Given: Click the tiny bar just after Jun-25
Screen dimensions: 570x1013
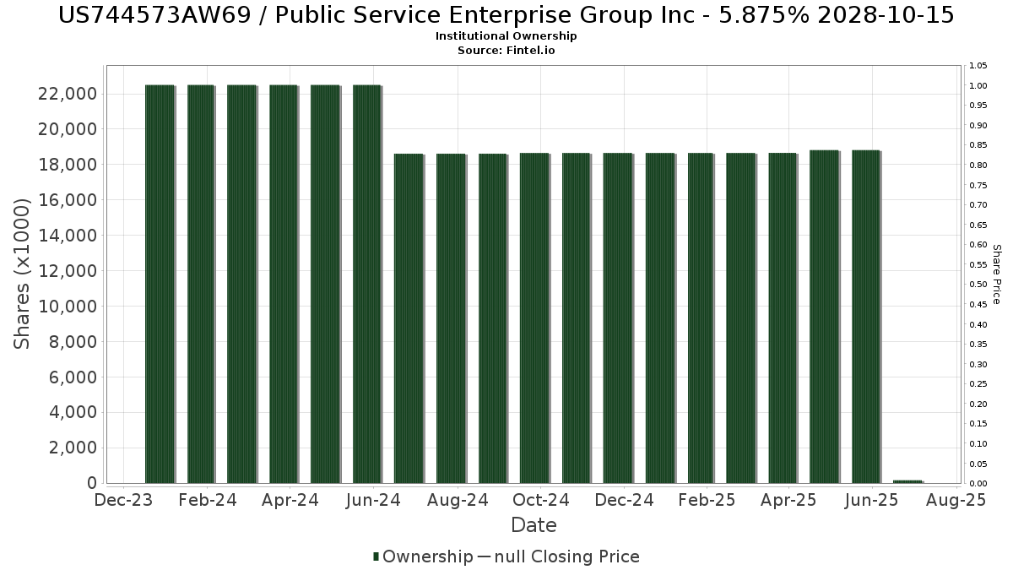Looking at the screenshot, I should click(908, 481).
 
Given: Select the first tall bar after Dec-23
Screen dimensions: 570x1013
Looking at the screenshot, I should click(160, 284).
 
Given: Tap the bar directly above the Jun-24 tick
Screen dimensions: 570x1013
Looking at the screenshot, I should click(367, 284).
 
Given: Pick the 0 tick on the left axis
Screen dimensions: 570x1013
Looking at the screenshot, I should click(89, 483).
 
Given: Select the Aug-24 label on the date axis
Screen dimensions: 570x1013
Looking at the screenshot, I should click(457, 501).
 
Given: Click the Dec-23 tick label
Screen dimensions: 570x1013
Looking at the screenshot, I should click(123, 501).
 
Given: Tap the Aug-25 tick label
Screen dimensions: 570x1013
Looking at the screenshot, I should click(956, 501).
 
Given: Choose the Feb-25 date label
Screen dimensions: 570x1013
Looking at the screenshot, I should click(707, 501).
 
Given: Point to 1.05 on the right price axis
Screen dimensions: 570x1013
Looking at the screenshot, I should click(978, 66).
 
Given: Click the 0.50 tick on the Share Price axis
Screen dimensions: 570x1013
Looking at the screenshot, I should click(978, 285).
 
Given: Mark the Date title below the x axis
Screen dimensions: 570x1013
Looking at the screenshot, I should click(534, 525).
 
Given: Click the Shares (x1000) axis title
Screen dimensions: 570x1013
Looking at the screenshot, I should click(23, 274).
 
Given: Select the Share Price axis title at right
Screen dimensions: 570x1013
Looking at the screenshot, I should click(997, 274).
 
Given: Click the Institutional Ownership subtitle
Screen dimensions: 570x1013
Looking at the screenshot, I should click(506, 36).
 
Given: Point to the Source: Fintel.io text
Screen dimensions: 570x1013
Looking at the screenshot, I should click(506, 51).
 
